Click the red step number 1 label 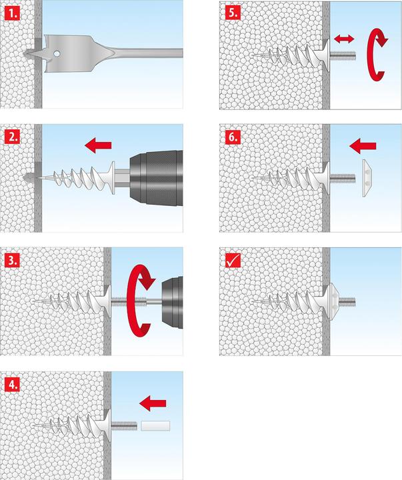point(12,11)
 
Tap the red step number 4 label point(12,383)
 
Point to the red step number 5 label point(231,11)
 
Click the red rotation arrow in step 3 point(141,297)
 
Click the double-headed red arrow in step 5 point(344,41)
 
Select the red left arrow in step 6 point(362,143)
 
